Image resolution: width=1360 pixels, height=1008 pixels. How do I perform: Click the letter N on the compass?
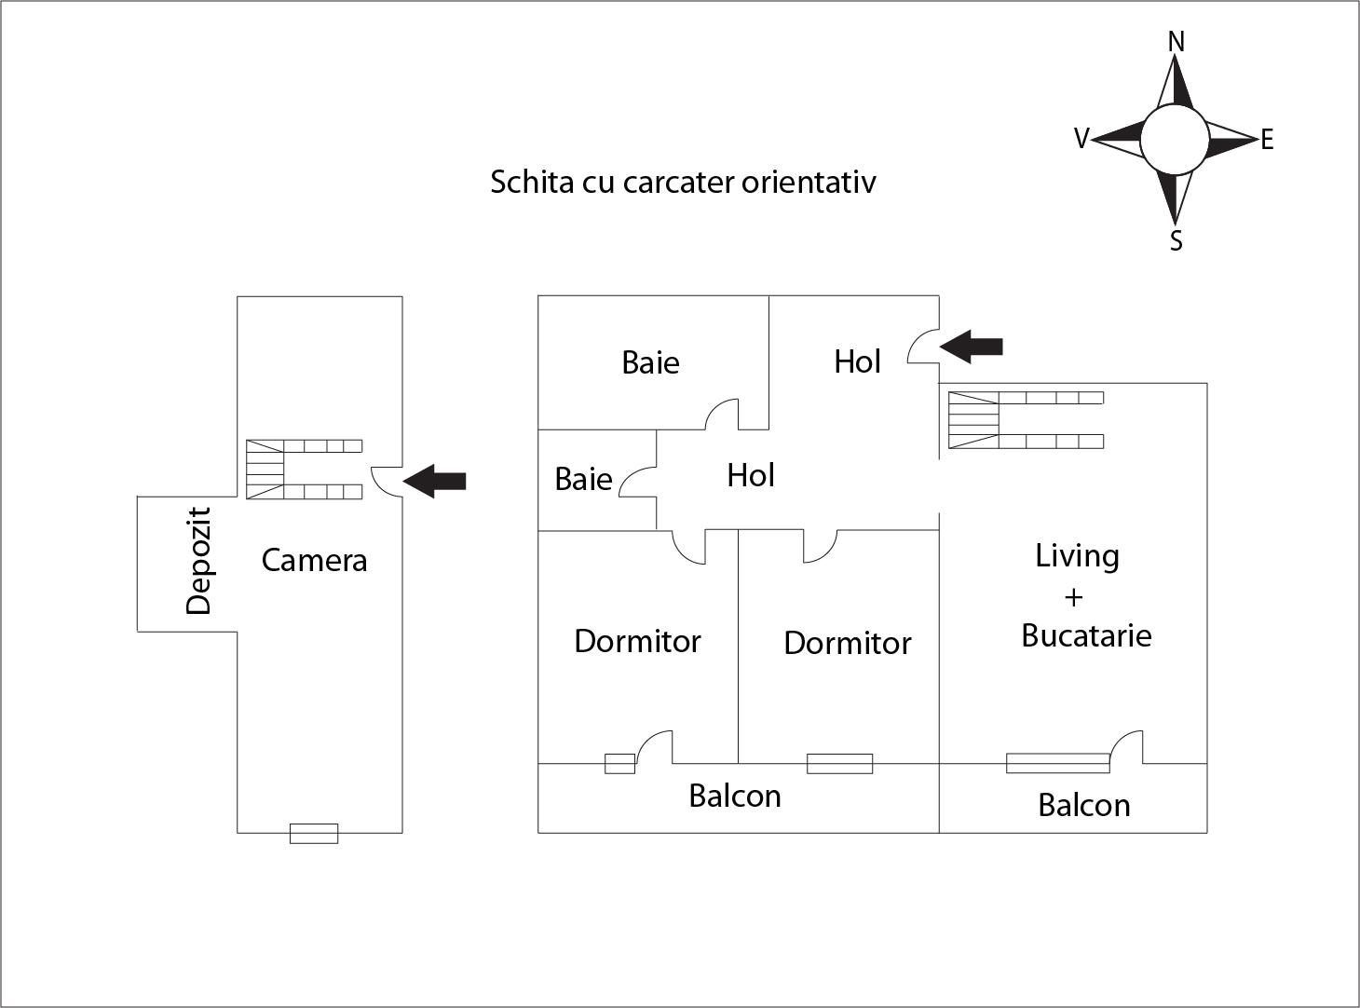1176,42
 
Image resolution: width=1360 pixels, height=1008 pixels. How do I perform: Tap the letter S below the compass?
1176,240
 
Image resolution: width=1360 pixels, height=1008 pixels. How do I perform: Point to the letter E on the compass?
1267,141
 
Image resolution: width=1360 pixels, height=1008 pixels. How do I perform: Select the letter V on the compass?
1081,139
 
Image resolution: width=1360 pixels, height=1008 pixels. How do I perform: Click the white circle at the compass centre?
1175,140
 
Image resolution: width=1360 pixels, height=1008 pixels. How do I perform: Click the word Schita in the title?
532,181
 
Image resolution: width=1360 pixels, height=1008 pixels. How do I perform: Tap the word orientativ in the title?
809,181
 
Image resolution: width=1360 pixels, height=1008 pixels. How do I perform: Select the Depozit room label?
199,561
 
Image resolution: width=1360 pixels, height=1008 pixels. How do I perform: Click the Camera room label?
314,560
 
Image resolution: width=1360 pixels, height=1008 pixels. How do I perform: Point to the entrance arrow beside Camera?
435,481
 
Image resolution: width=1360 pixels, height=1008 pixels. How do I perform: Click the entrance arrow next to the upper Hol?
972,347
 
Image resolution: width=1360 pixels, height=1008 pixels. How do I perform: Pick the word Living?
1077,555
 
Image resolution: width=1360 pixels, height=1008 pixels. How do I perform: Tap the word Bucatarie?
1086,635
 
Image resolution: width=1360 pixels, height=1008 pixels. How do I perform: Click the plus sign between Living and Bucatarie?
1073,596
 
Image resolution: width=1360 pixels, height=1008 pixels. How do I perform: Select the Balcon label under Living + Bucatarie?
1084,805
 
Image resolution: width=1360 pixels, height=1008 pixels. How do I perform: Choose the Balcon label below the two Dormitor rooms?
735,796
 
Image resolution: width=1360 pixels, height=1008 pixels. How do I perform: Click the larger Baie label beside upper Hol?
650,362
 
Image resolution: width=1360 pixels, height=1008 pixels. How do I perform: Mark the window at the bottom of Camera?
314,833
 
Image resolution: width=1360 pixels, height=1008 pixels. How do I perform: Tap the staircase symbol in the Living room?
1026,420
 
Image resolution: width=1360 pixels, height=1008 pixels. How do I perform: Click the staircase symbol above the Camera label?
304,470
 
